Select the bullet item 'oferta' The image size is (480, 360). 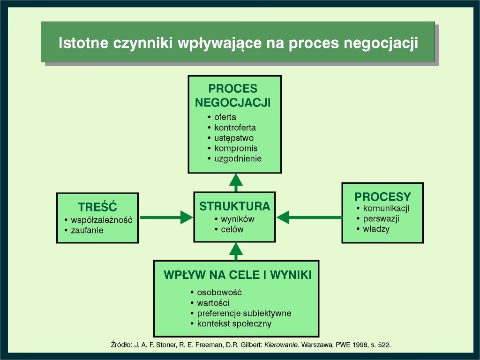tap(225, 117)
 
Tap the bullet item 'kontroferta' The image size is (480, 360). tap(235, 127)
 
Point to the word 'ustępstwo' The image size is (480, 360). tap(234, 138)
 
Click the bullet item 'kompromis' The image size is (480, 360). tap(236, 148)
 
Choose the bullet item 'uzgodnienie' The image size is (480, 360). tap(238, 158)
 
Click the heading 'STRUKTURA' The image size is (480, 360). tap(234, 206)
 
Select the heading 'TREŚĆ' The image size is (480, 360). tap(97, 207)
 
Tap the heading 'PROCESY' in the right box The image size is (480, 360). tap(382, 197)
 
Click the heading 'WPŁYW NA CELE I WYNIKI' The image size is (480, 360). tap(237, 275)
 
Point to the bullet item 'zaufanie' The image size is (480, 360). tap(87, 230)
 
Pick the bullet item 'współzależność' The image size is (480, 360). tap(102, 220)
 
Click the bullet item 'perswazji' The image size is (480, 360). tap(381, 219)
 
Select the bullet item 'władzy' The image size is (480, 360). tap(376, 229)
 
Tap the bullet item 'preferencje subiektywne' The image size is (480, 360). tap(244, 313)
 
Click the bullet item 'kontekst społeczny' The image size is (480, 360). tap(234, 323)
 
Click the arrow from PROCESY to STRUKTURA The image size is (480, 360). tap(309, 217)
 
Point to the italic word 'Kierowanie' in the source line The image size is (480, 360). tap(282, 345)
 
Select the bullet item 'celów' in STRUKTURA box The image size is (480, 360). tap(232, 230)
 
